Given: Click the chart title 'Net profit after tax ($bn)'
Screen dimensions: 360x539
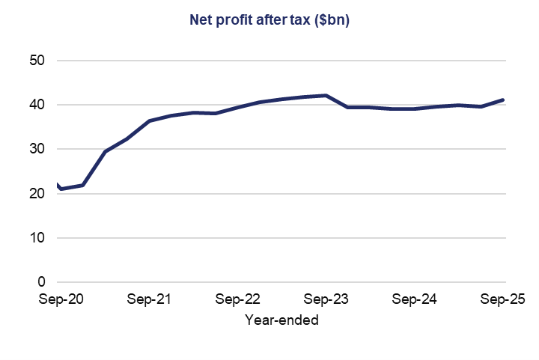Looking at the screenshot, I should click(x=269, y=21).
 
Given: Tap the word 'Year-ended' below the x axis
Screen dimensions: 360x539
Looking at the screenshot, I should click(x=281, y=320).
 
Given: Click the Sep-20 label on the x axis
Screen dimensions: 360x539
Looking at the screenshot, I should click(x=61, y=299).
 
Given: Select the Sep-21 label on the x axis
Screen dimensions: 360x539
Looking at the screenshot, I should click(x=149, y=299).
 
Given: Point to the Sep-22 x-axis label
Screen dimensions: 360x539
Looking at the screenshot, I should click(x=237, y=299).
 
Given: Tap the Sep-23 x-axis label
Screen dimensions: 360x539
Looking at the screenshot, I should click(x=326, y=299).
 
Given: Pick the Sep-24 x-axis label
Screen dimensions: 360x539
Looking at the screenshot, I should click(x=415, y=299).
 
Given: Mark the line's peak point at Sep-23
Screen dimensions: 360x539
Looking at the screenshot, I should click(x=326, y=95).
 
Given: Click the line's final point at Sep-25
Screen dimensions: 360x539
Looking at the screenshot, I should click(x=503, y=100).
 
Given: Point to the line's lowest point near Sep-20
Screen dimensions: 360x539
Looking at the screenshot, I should click(x=61, y=189).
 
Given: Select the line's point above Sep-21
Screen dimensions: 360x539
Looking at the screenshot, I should click(x=149, y=120).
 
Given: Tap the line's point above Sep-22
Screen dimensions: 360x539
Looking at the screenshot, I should click(x=237, y=108).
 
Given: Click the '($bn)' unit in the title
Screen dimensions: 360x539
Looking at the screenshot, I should click(x=330, y=21).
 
